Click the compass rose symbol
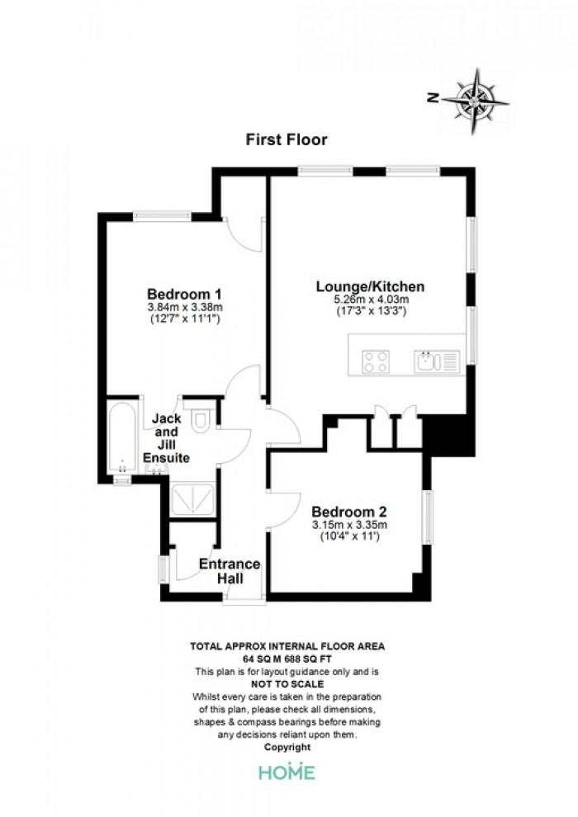point(475,101)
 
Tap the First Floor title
point(287,139)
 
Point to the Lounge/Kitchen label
point(371,286)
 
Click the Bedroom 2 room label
point(348,512)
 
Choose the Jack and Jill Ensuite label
point(166,437)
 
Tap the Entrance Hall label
point(230,571)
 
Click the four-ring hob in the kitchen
point(376,361)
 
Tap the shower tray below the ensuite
point(192,499)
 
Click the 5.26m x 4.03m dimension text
point(371,300)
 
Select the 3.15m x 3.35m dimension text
point(349,525)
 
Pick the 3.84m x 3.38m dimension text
point(185,307)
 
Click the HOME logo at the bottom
point(287,771)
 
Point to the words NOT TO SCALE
point(287,684)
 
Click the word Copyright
point(287,747)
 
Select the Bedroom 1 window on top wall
point(162,215)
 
